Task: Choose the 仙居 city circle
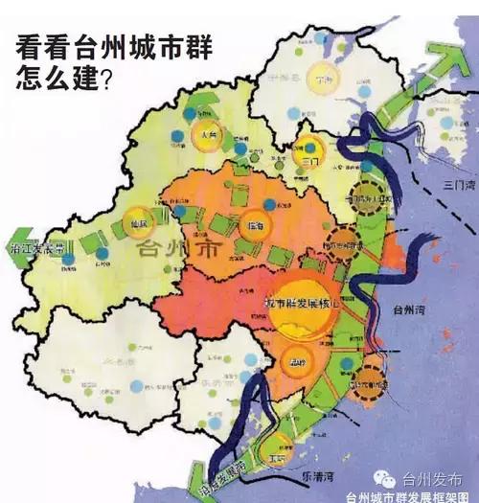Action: tap(141, 223)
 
